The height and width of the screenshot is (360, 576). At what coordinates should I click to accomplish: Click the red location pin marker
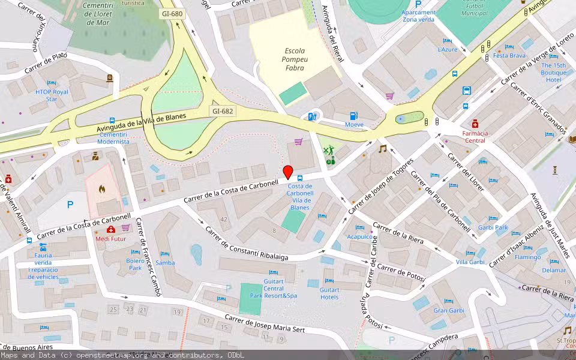288,172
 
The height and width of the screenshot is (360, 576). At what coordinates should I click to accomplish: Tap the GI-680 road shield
172,13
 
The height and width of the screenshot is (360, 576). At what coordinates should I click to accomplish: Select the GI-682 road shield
222,111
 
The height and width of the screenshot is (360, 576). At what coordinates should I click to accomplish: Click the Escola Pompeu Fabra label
294,59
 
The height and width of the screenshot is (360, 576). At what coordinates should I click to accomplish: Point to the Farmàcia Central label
474,137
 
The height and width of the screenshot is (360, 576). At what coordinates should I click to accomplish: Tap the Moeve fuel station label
354,125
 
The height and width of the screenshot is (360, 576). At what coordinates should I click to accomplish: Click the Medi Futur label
112,238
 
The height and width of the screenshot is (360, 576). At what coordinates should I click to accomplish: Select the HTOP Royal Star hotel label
52,95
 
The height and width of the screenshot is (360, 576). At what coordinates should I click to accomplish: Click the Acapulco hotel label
360,236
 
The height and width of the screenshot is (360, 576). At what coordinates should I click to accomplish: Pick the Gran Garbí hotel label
449,310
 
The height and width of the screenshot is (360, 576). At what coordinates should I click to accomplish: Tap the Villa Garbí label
470,262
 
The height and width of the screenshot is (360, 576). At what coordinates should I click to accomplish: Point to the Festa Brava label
509,56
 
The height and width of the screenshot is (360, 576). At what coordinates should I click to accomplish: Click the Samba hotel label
165,263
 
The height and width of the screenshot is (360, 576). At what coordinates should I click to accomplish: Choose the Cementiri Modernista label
113,137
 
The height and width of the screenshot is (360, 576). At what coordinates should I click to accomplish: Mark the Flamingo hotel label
527,257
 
